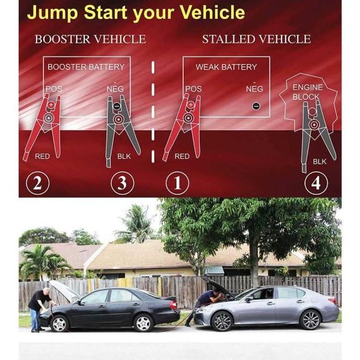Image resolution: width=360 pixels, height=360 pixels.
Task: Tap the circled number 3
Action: click(x=122, y=184)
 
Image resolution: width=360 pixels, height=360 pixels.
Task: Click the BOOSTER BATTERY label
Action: click(x=86, y=67)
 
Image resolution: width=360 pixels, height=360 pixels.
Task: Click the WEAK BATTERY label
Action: click(x=226, y=67)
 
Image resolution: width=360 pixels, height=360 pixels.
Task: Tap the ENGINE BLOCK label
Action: click(x=307, y=92)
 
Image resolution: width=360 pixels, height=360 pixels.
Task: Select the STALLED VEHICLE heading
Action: click(x=256, y=39)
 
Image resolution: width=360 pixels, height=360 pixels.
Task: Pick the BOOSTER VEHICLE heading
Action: click(x=90, y=39)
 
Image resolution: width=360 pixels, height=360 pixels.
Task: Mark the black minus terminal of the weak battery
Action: click(x=256, y=106)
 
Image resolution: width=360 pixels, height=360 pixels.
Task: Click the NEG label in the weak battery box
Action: click(x=254, y=89)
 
